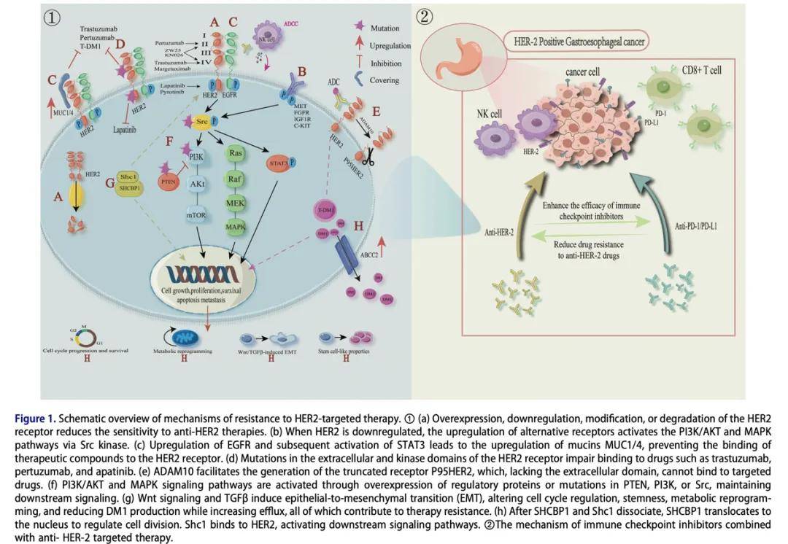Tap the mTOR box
[x=196, y=216]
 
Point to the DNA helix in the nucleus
[x=201, y=273]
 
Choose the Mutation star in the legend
[x=359, y=28]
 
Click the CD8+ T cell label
[x=701, y=70]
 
